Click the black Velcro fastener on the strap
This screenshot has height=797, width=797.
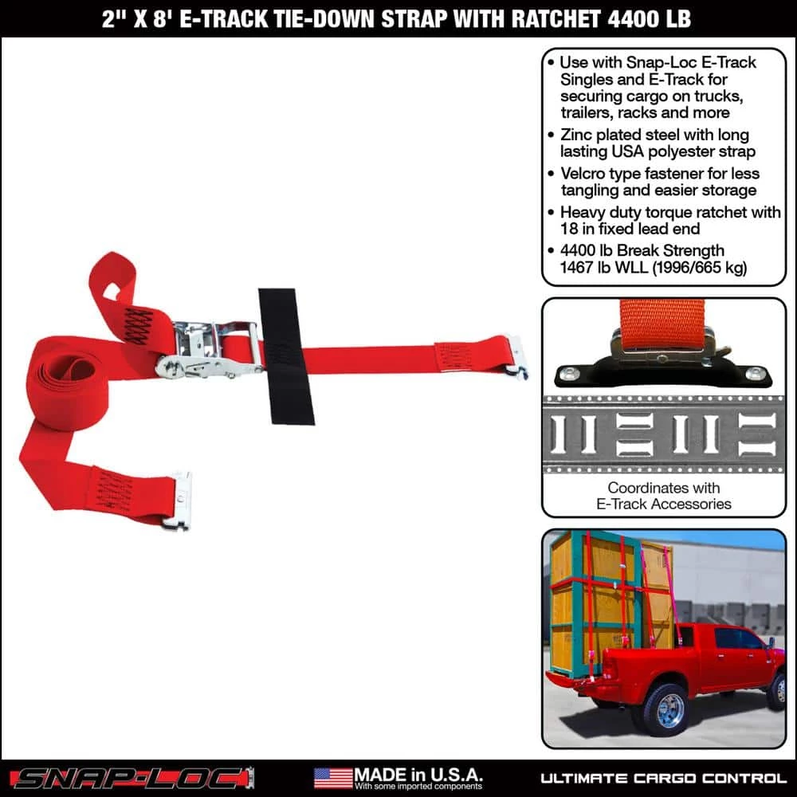click(x=285, y=356)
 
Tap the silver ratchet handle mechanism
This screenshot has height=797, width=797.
click(x=209, y=349)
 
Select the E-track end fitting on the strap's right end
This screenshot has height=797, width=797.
click(x=517, y=356)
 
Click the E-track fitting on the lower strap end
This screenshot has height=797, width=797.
click(x=178, y=501)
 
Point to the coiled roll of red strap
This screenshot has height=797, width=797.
click(x=68, y=383)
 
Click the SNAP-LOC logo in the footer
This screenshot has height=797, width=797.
click(x=131, y=777)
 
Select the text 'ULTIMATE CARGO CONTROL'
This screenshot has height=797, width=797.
click(x=663, y=778)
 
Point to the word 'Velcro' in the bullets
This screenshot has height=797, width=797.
click(x=584, y=174)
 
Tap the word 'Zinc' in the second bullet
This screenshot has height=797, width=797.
click(x=575, y=135)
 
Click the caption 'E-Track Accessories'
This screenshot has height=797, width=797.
click(x=663, y=504)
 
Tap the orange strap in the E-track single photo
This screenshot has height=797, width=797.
click(x=663, y=323)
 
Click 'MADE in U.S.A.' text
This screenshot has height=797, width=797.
click(x=418, y=773)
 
